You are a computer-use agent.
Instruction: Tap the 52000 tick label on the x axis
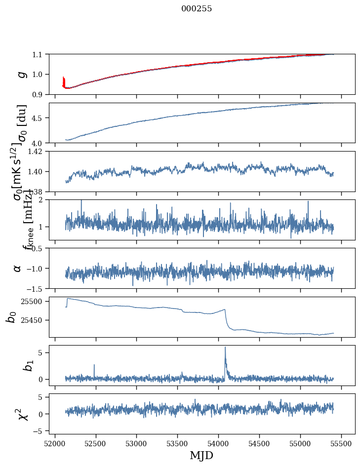point(55,443)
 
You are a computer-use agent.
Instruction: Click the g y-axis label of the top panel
point(21,74)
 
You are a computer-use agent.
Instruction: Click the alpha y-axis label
point(17,268)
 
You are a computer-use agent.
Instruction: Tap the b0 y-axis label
point(11,317)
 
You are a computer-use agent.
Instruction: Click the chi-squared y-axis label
point(22,414)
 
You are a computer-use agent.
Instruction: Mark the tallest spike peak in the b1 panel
point(225,347)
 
